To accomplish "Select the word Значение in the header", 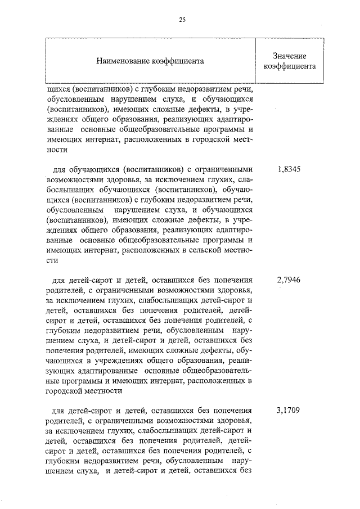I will point(289,56).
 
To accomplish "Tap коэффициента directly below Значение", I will point(289,66).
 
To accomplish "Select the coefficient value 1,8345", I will point(289,169).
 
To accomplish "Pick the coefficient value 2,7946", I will point(289,278).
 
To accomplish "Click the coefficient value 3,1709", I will point(289,410).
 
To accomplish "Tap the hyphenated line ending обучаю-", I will point(239,190).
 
